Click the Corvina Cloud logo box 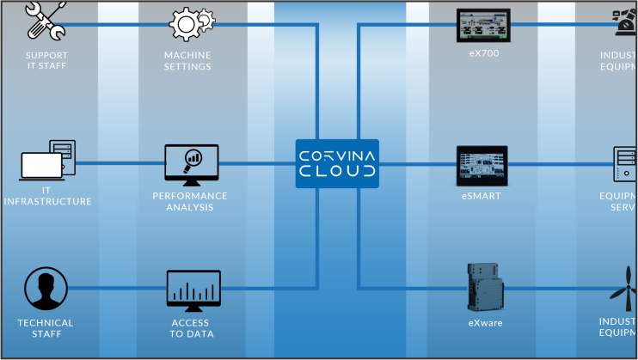coord(337,163)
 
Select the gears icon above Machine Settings coord(187,24)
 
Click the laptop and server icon coord(48,162)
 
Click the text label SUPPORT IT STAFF coord(46,61)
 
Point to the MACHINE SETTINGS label coord(187,61)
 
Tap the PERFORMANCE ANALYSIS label coord(190,201)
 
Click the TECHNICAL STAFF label coord(46,328)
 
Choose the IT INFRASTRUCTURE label coord(46,196)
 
